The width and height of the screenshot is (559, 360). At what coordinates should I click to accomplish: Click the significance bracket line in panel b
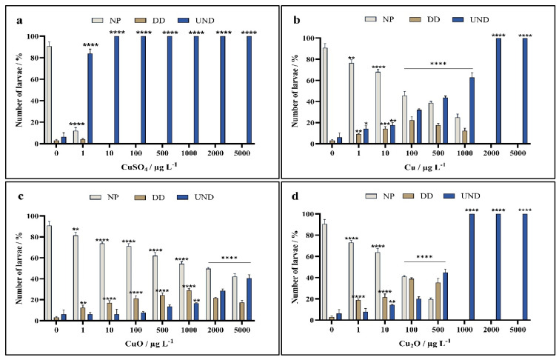439,69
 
